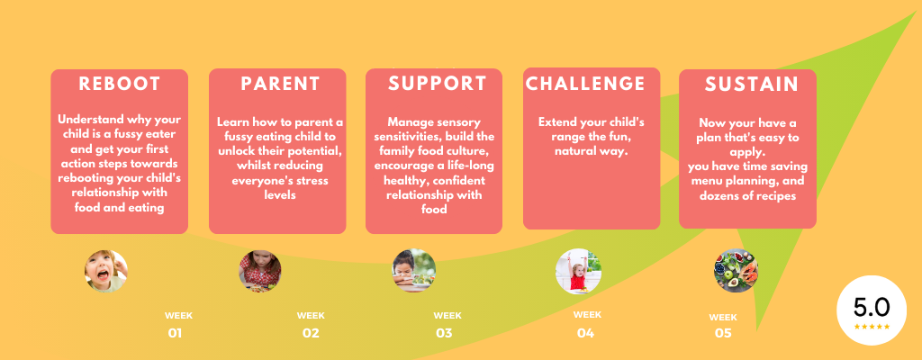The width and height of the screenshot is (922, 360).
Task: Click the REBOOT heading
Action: tap(120, 84)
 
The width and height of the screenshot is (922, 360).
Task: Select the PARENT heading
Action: tap(281, 84)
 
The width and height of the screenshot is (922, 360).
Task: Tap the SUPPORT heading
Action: tap(438, 84)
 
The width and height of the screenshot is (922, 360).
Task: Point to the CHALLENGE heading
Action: tap(585, 84)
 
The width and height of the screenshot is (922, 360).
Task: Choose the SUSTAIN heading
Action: tap(752, 85)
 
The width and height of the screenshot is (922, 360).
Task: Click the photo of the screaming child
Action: tap(106, 271)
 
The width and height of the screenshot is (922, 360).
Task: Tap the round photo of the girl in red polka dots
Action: tap(260, 271)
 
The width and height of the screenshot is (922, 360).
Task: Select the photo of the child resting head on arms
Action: tap(414, 271)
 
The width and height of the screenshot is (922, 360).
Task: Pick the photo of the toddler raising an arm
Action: tap(578, 271)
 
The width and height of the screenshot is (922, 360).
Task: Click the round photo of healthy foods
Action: tap(736, 271)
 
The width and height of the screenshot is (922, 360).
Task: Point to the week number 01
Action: tap(175, 334)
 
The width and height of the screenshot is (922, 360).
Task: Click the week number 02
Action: tap(311, 334)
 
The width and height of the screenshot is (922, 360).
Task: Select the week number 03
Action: tap(444, 334)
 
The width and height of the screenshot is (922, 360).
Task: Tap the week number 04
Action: tap(585, 334)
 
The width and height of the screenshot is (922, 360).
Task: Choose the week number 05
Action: tap(723, 334)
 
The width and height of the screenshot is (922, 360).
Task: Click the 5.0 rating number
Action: tap(872, 308)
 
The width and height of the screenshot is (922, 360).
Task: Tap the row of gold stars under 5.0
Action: tap(872, 327)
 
